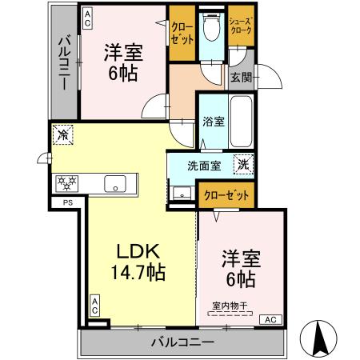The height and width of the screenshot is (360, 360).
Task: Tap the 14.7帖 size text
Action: click(x=138, y=273)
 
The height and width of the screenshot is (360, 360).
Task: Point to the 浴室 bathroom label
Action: click(x=213, y=123)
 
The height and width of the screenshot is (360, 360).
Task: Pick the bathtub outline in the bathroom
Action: click(x=242, y=120)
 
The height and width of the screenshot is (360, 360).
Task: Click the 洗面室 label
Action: click(x=203, y=167)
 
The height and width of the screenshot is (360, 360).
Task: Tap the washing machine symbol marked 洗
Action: click(x=240, y=165)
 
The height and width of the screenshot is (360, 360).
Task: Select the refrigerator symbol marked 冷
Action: click(x=63, y=135)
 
